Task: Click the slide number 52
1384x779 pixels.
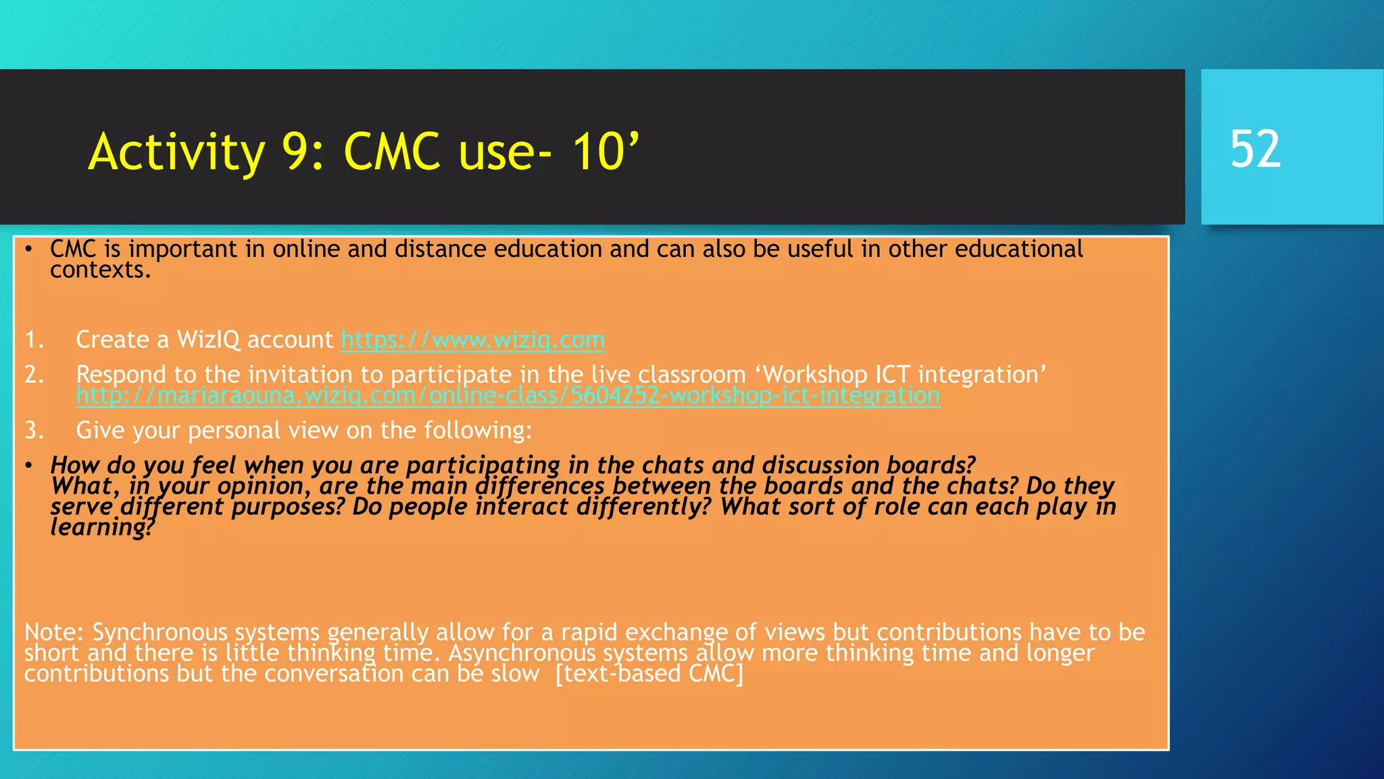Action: pos(1255,149)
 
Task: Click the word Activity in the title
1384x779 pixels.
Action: pos(176,151)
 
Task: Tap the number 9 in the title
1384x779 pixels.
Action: pos(295,151)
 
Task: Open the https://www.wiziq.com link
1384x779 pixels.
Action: pos(472,339)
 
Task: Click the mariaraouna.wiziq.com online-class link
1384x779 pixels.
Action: pos(508,396)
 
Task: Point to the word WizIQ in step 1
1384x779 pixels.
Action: pos(208,339)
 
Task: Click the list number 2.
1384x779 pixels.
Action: pos(34,375)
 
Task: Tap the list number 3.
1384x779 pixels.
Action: pos(34,431)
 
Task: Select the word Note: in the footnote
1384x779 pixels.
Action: pos(53,632)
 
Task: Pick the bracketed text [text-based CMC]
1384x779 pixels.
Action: pos(649,674)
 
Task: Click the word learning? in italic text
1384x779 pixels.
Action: pos(102,527)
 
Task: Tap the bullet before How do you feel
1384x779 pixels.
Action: pos(28,466)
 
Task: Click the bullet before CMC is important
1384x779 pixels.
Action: pos(28,250)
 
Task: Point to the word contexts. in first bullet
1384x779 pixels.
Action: pos(100,270)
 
